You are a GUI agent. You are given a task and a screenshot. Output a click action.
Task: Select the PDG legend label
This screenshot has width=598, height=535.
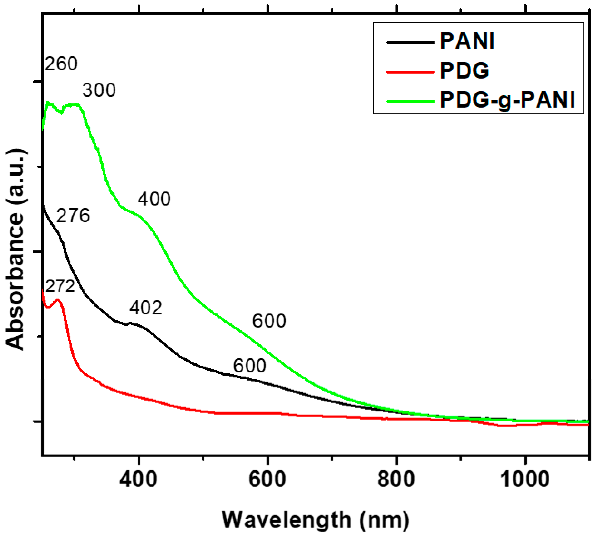(x=464, y=71)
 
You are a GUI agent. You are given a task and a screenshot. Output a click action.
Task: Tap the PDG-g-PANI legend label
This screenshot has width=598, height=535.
(x=507, y=100)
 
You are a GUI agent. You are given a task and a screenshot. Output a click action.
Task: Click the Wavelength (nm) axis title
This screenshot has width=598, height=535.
(x=315, y=520)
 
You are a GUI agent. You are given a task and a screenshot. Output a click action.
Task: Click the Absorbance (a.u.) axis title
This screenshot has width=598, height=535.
(x=15, y=250)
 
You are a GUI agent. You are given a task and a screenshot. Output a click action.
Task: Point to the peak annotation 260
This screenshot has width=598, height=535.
(x=61, y=64)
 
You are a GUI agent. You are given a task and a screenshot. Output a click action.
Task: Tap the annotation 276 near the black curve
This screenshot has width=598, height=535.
(x=73, y=215)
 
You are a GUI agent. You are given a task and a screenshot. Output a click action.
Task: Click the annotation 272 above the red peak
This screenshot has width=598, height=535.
(x=60, y=286)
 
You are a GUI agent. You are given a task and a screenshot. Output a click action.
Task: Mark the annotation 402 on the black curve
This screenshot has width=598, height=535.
(x=146, y=308)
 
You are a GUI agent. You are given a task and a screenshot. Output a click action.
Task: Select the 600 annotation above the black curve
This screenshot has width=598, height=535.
(x=249, y=366)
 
